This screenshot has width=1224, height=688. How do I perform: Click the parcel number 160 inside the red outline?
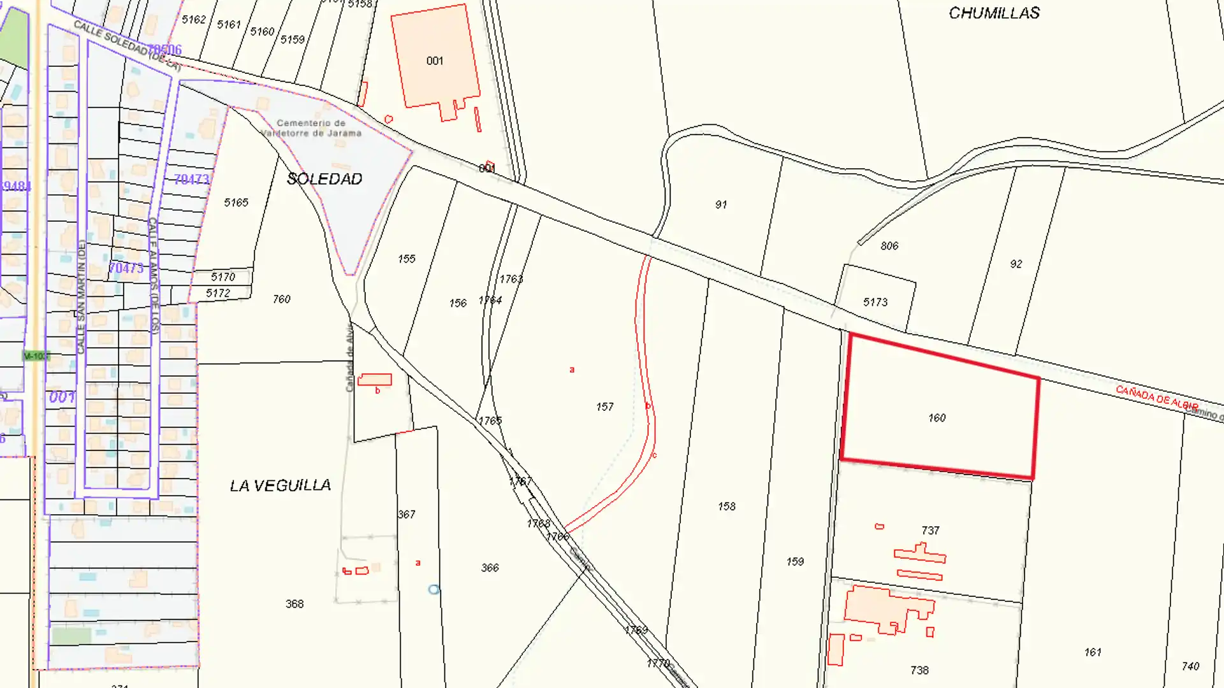[x=936, y=418]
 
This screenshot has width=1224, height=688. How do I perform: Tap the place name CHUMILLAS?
[x=994, y=13]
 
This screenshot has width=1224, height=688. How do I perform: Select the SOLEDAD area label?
[x=324, y=179]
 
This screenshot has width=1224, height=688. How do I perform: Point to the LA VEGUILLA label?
[x=280, y=485]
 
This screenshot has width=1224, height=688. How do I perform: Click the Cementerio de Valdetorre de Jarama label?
[x=312, y=128]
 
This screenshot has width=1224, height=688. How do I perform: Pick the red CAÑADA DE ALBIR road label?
[x=1156, y=398]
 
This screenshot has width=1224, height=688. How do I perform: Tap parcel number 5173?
[x=875, y=302]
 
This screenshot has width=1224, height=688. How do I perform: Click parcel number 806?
[x=889, y=246]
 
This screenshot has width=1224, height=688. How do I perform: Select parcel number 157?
[x=604, y=406]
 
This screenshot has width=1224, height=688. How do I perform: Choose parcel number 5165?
[x=236, y=203]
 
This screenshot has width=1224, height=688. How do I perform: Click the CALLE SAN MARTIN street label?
[x=81, y=296]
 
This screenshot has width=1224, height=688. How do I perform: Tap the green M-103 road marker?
[x=36, y=356]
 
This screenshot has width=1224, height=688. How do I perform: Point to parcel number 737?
[x=930, y=530]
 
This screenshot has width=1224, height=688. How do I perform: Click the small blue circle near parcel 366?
[x=434, y=590]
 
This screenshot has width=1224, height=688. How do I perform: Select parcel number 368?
[x=295, y=604]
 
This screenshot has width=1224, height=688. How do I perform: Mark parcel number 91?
[x=721, y=204]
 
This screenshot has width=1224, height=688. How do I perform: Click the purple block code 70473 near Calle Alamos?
[x=191, y=180]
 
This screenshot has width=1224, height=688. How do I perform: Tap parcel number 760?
[x=281, y=299]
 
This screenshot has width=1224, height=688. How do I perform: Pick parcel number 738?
[x=919, y=670]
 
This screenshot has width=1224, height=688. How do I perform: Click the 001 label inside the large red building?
[x=435, y=61]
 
